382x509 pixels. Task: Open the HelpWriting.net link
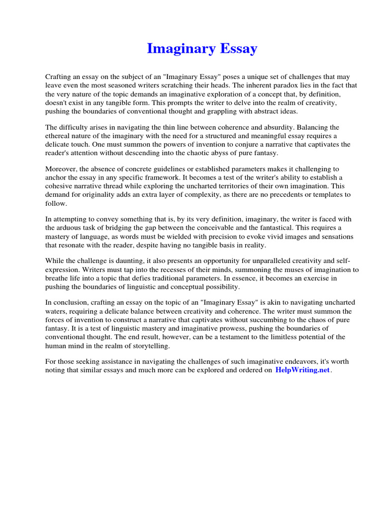pyautogui.click(x=302, y=370)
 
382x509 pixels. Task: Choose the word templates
pyautogui.click(x=327, y=195)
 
